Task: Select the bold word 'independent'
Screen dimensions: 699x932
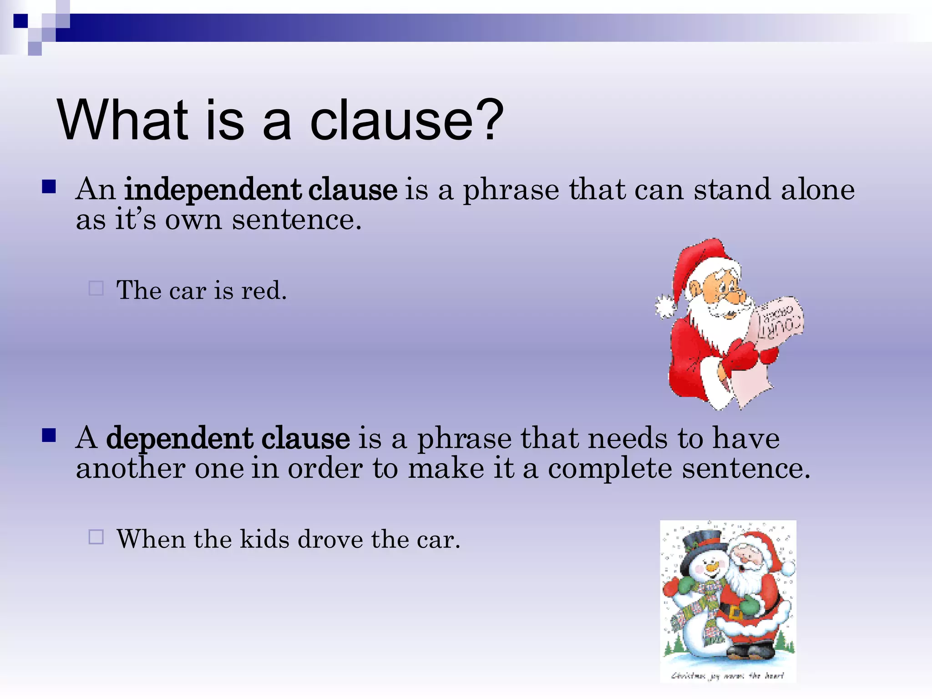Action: pyautogui.click(x=213, y=190)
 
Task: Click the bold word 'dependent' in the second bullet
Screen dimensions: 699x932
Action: pyautogui.click(x=180, y=438)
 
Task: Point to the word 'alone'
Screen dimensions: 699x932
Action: pyautogui.click(x=818, y=189)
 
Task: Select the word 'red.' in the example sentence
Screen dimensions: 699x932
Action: pyautogui.click(x=264, y=290)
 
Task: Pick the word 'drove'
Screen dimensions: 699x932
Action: pyautogui.click(x=330, y=539)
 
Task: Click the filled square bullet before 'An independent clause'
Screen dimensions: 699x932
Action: pyautogui.click(x=49, y=187)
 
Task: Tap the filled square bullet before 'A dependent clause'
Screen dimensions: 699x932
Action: pyautogui.click(x=49, y=436)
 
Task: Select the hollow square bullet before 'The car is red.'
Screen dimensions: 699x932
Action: pyautogui.click(x=96, y=288)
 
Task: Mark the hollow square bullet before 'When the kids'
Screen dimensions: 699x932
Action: pyautogui.click(x=96, y=537)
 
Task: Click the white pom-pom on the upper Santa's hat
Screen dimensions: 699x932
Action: pyautogui.click(x=666, y=307)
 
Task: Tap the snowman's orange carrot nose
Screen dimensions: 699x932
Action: pyautogui.click(x=711, y=567)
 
